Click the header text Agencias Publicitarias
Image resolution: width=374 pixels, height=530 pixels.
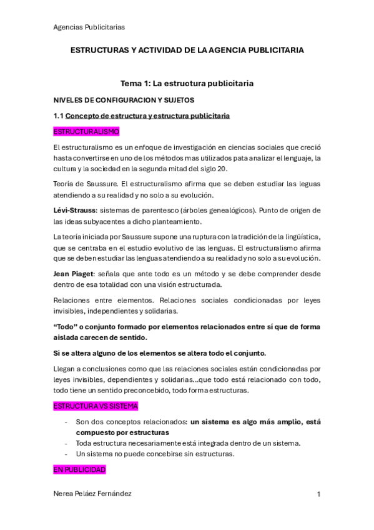pos(89,27)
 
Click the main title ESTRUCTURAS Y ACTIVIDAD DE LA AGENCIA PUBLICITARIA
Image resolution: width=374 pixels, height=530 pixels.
pos(187,50)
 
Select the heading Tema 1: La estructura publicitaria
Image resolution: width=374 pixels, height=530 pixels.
pos(187,83)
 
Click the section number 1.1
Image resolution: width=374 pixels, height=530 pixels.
pos(59,116)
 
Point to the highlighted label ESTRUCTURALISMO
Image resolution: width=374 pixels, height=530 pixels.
pos(86,132)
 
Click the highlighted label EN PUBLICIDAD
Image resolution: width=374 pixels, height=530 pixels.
pos(80,469)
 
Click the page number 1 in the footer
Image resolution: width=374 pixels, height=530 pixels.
pos(318,494)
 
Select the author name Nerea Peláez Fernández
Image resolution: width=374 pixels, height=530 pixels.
pos(93,494)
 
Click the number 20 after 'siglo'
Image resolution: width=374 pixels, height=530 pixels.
pos(223,168)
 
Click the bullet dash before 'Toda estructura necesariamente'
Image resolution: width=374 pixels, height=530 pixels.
pos(67,443)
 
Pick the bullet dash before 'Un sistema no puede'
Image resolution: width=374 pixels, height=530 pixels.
pos(67,454)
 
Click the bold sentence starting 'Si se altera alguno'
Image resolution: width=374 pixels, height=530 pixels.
pos(160,352)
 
